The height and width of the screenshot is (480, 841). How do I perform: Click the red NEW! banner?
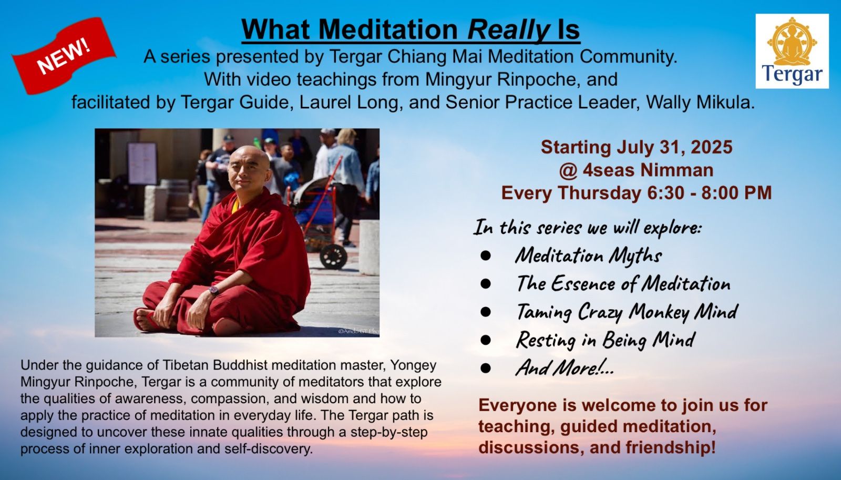point(64,56)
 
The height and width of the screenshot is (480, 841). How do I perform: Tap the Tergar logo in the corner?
point(792,51)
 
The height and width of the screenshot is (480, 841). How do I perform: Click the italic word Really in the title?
point(508,29)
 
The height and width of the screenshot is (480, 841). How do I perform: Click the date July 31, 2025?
point(674,147)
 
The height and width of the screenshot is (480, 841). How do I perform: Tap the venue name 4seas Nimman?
point(648,170)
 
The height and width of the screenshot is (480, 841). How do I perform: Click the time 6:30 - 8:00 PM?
point(710,192)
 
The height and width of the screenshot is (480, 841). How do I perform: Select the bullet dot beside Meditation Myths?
point(486,256)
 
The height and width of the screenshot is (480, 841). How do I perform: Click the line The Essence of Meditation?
point(623,283)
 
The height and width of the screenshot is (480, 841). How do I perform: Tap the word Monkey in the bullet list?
point(660,312)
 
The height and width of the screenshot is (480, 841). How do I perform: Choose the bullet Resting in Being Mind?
point(606,340)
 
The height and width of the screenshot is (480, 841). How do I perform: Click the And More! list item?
point(565,367)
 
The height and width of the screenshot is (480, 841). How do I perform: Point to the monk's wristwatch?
point(213,290)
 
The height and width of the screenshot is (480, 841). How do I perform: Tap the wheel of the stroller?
point(333,257)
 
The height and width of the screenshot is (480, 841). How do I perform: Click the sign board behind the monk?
point(142,163)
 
